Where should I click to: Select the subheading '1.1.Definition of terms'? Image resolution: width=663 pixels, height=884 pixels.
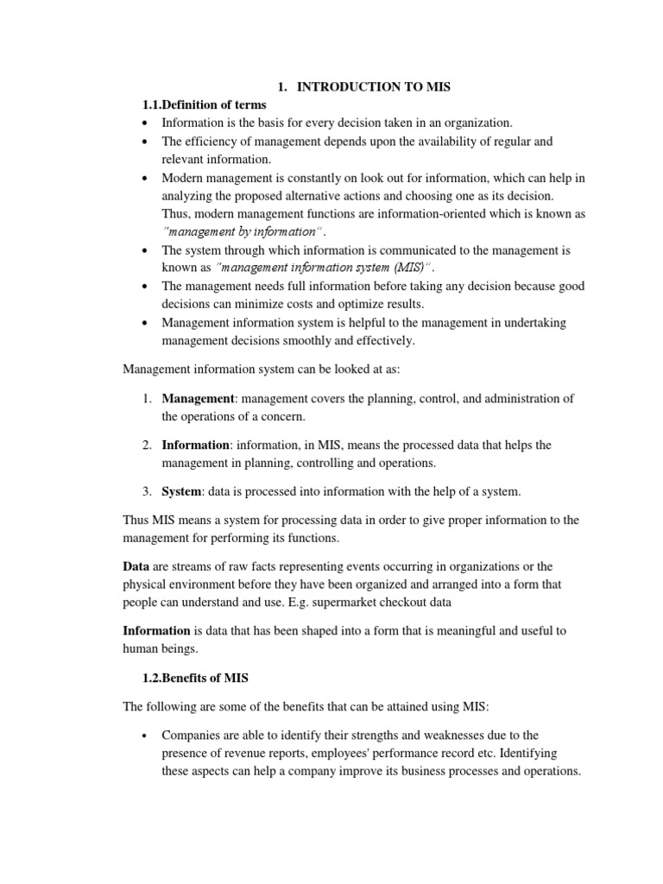click(205, 105)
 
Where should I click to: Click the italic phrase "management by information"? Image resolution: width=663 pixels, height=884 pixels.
click(242, 231)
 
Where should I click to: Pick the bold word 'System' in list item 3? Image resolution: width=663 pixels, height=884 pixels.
click(181, 491)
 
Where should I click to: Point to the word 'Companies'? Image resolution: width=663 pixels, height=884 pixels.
click(192, 735)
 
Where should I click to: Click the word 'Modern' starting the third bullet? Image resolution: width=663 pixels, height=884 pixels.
click(183, 178)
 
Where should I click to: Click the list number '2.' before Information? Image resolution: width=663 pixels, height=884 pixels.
click(148, 445)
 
